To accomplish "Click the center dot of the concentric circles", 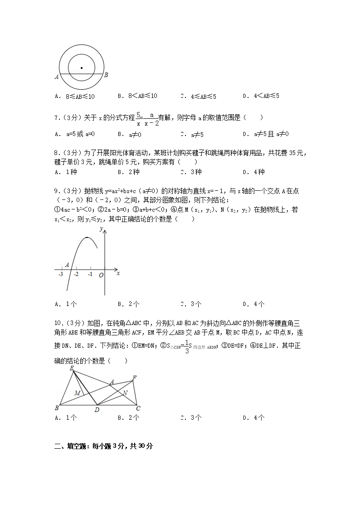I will pyautogui.click(x=82, y=68).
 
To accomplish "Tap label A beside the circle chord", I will pyautogui.click(x=57, y=77).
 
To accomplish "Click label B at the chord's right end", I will pyautogui.click(x=106, y=75).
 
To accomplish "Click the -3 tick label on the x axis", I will pyautogui.click(x=61, y=275).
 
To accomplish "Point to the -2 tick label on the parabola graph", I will pyautogui.click(x=76, y=275).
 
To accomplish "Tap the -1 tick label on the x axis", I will pyautogui.click(x=90, y=275).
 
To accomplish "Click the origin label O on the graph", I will pyautogui.click(x=101, y=275).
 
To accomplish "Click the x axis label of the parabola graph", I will pyautogui.click(x=118, y=273).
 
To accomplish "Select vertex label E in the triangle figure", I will pyautogui.click(x=72, y=368).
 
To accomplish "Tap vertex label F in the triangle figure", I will pyautogui.click(x=134, y=378).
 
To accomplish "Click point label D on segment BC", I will pyautogui.click(x=97, y=410).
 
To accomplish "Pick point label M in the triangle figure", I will pyautogui.click(x=78, y=393).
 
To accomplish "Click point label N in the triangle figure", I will pyautogui.click(x=125, y=393).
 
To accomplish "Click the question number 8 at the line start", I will pyautogui.click(x=56, y=153).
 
